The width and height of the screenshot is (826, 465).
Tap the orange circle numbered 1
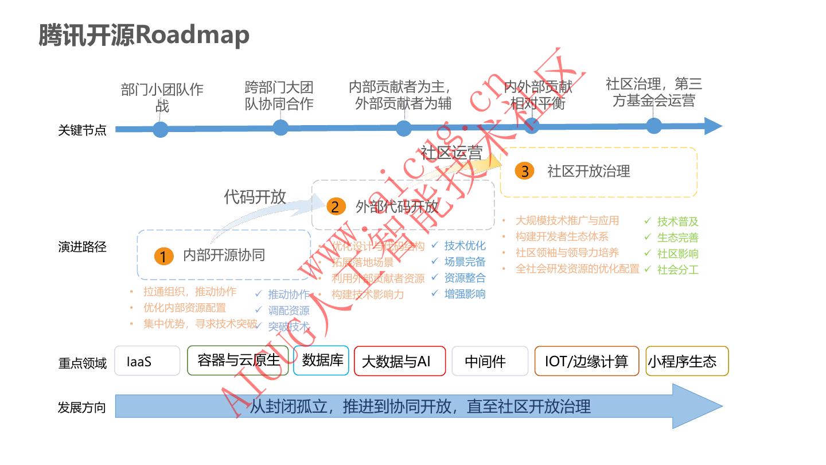click(163, 256)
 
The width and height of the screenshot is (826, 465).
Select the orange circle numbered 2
click(336, 207)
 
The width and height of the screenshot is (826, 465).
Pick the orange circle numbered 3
click(524, 171)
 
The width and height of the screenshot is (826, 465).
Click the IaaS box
click(147, 361)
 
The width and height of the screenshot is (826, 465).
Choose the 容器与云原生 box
click(238, 360)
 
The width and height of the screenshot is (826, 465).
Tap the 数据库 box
click(321, 360)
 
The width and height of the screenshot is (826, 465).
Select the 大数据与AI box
click(399, 361)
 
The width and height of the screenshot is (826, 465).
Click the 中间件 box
click(489, 361)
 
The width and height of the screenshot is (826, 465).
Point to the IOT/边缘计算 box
click(586, 361)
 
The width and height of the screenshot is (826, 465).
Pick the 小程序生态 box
click(687, 361)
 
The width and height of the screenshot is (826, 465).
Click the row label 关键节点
click(82, 130)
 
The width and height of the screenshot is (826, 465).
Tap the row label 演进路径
click(82, 247)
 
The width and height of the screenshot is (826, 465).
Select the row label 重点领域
click(82, 363)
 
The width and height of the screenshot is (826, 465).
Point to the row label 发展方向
click(82, 408)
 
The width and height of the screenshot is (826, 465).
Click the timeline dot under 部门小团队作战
click(161, 130)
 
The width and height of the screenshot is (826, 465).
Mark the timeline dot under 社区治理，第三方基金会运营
click(654, 126)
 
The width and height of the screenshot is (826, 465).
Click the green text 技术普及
click(677, 222)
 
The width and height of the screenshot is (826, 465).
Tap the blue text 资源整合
click(465, 278)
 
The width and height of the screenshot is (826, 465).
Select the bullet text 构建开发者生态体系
click(562, 237)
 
